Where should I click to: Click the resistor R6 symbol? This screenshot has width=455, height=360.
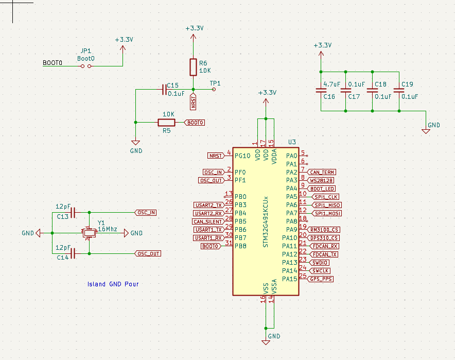(193, 66)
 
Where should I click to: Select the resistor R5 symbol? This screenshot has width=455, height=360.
(166, 123)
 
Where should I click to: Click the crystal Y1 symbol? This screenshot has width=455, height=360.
(90, 233)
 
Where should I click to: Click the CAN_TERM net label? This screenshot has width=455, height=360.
(323, 172)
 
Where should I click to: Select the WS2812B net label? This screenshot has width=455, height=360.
(322, 180)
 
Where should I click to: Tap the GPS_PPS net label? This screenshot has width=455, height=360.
(321, 279)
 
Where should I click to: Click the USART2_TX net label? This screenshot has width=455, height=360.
(208, 205)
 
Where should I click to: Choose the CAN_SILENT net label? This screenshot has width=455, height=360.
(207, 221)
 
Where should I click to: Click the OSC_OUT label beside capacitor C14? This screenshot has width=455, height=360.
(148, 253)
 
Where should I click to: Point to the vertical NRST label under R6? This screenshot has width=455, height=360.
(193, 102)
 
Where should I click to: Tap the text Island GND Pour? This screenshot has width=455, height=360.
(113, 284)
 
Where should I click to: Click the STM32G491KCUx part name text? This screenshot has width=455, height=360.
(266, 221)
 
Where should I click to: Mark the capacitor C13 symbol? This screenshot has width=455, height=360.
(73, 212)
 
